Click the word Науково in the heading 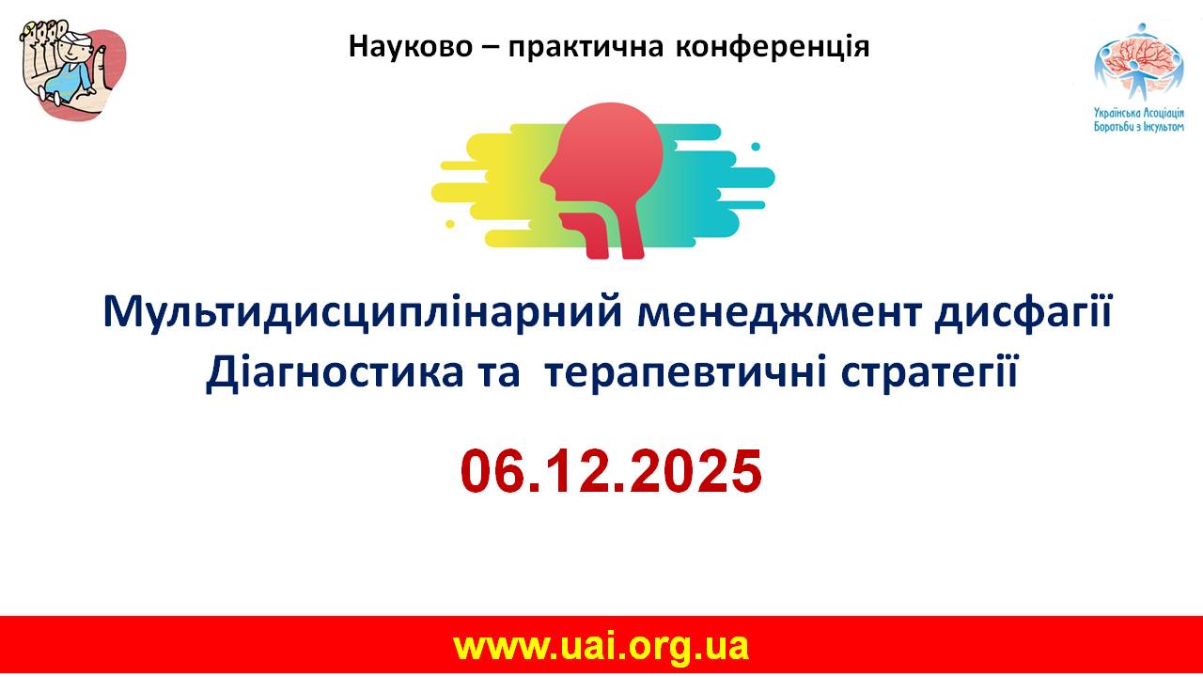(411, 47)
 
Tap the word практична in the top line (586, 48)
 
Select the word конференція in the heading (773, 47)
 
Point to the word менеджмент (780, 313)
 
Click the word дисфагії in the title (1023, 314)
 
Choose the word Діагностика (335, 373)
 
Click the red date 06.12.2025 (611, 472)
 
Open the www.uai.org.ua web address (601, 647)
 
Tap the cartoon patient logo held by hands (72, 70)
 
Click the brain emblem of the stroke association (1138, 62)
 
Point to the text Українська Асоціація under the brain (1138, 114)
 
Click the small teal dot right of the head (756, 147)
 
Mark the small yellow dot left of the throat (450, 224)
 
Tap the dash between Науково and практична (491, 48)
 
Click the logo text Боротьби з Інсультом (1138, 127)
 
